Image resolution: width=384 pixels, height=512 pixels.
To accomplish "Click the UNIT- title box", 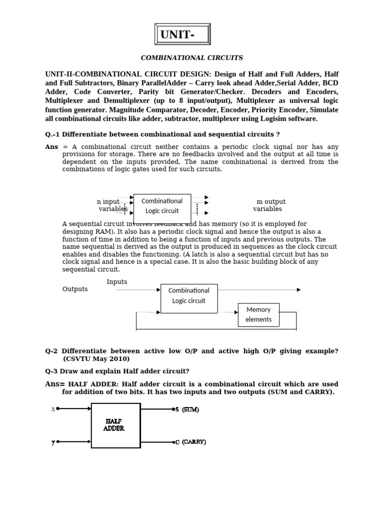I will (x=182, y=34).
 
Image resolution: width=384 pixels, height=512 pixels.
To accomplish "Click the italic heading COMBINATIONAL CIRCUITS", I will (x=191, y=58).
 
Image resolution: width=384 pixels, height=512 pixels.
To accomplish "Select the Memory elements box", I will (x=258, y=314).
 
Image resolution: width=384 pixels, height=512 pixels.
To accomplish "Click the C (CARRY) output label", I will (x=189, y=442).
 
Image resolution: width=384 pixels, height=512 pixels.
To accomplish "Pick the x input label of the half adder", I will (x=53, y=409).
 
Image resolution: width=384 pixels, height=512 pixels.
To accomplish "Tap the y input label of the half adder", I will (x=53, y=442).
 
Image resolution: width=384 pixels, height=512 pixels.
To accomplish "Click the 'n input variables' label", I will (x=110, y=205).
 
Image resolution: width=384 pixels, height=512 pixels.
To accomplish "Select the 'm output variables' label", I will (x=269, y=205).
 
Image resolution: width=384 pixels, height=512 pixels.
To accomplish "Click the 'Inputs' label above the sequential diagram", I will (x=117, y=282).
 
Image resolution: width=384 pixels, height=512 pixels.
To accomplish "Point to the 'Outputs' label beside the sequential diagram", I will (x=75, y=289).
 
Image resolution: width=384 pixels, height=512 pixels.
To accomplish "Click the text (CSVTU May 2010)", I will (x=96, y=359).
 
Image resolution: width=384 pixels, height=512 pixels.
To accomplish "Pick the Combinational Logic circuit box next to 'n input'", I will (x=162, y=206).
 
